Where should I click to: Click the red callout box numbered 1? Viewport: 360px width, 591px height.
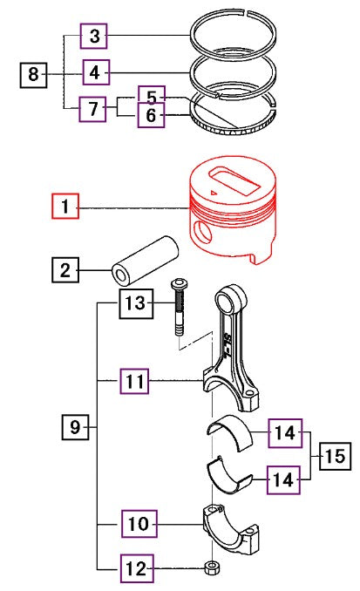point(65,207)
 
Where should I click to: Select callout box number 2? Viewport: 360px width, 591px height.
point(65,270)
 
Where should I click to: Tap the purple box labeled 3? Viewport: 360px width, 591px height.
point(93,36)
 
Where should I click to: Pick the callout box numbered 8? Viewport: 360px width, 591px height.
point(33,75)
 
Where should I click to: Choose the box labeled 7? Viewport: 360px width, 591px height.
point(92,109)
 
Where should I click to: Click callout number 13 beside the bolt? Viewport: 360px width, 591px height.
point(137,303)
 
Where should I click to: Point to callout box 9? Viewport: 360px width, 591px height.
point(75,427)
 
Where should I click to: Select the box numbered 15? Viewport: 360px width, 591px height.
point(335,456)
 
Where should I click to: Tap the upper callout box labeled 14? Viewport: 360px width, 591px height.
point(285,433)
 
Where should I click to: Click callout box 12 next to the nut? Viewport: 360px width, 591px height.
point(137,568)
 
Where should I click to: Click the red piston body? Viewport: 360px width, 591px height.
point(233,211)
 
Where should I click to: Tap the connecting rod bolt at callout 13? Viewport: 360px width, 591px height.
point(179,307)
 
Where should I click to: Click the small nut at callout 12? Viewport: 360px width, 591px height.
point(212,567)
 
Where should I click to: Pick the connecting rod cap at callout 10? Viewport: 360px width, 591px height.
point(231,530)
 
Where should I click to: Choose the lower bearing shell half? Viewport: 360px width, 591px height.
point(229,476)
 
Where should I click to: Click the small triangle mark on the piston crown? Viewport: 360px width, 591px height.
point(214,193)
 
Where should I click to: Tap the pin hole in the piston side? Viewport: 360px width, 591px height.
point(201,233)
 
